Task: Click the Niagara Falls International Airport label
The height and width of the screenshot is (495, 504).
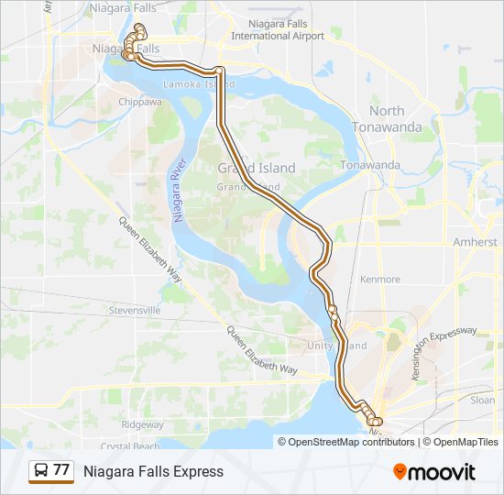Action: pos(278,30)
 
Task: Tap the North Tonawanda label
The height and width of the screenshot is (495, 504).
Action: pos(387,117)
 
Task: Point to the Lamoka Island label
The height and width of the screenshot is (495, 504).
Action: pos(197,84)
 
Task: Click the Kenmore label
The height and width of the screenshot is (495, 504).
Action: pos(380,279)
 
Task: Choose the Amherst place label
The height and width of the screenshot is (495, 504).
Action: pos(475,242)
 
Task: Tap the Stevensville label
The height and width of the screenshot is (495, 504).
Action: pos(136,311)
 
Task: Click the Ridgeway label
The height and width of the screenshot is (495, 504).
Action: pos(143,424)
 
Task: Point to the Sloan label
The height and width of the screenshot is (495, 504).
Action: pos(482,400)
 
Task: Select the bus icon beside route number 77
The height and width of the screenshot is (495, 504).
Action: pos(41,471)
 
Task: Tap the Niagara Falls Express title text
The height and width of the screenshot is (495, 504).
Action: pos(153,472)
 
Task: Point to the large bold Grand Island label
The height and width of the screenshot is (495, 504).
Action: pos(257,168)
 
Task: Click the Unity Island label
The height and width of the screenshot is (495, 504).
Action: pos(337,346)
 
